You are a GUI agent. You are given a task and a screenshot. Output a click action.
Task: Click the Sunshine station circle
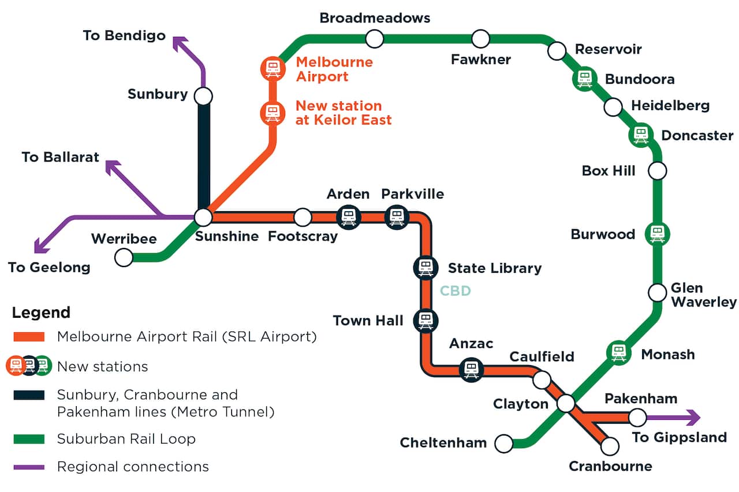(203, 217)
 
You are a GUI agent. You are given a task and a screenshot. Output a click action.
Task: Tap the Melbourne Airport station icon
(273, 69)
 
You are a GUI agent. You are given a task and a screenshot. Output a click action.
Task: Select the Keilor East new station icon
(273, 113)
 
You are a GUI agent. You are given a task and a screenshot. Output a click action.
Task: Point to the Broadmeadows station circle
(375, 39)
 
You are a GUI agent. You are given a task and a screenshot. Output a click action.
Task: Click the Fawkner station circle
(480, 39)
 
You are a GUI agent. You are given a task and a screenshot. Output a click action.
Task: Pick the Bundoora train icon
(585, 79)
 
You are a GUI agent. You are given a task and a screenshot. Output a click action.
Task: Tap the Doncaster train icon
(640, 135)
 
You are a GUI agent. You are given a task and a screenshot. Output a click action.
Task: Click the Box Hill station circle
(657, 171)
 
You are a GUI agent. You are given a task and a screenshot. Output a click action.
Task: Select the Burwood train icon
(657, 234)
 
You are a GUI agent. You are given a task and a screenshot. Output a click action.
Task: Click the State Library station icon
(426, 267)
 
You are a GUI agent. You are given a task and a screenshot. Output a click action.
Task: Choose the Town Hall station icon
(426, 320)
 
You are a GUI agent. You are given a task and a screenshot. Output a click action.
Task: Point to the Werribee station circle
(124, 257)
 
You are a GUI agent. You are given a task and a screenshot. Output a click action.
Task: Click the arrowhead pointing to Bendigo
(180, 43)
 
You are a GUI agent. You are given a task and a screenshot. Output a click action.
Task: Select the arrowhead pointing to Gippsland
(692, 417)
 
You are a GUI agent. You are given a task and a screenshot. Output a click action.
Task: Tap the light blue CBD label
(455, 291)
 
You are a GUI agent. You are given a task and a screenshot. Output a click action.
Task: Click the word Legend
(41, 313)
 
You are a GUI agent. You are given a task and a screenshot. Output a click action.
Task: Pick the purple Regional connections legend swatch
(29, 467)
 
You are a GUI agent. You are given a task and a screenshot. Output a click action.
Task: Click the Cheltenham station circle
(504, 443)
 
